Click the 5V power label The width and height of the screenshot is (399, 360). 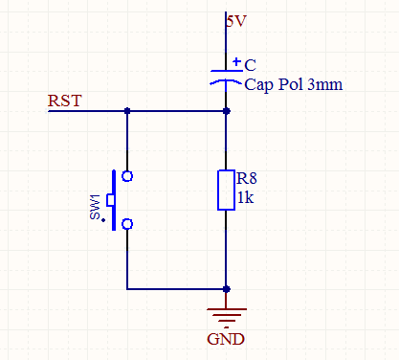click(x=236, y=21)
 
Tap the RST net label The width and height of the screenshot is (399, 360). click(x=65, y=101)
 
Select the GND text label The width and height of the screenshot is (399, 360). click(x=226, y=339)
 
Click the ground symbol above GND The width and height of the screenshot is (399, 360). click(x=227, y=318)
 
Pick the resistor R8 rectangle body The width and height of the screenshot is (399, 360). click(x=226, y=191)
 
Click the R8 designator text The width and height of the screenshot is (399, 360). click(x=247, y=178)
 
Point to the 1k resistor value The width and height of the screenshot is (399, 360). click(x=246, y=198)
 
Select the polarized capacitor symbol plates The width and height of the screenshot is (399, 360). click(x=226, y=77)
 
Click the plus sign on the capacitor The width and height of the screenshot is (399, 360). click(x=236, y=61)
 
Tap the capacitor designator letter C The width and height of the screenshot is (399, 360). click(x=250, y=65)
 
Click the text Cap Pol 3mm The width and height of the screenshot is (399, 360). click(x=294, y=84)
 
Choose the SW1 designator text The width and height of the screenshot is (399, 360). click(x=95, y=207)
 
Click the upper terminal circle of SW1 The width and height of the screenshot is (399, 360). click(x=127, y=176)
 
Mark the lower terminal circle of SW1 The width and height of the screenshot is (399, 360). click(x=127, y=224)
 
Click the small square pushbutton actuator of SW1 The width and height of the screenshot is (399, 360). click(x=110, y=200)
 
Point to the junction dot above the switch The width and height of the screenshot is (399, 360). click(x=127, y=111)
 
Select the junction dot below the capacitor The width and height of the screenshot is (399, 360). click(x=227, y=111)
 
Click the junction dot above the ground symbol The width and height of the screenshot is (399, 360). click(x=227, y=289)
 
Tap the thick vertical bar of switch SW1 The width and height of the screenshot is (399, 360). click(x=114, y=200)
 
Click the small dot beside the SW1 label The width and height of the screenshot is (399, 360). click(x=103, y=220)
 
